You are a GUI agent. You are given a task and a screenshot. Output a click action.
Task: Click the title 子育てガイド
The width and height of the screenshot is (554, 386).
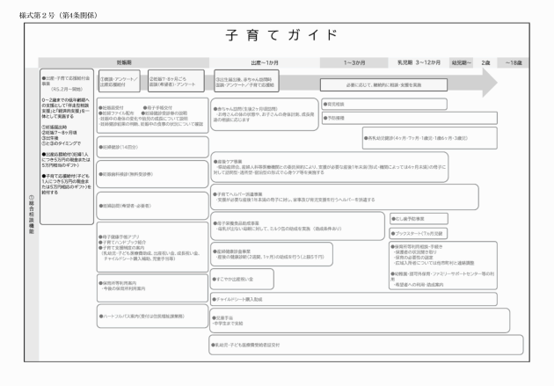coord(276,35)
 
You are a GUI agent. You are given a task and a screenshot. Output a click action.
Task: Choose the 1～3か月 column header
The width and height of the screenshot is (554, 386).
coord(357,63)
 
